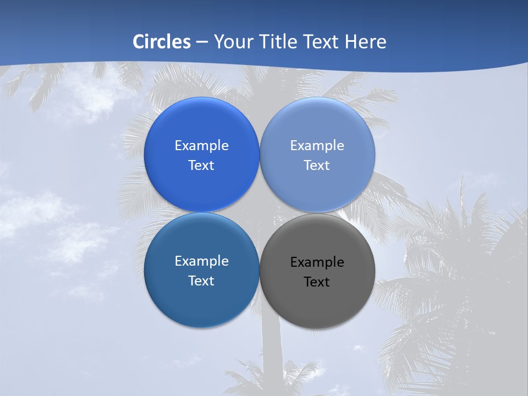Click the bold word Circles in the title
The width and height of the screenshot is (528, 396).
click(162, 42)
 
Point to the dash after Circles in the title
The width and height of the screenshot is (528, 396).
click(201, 42)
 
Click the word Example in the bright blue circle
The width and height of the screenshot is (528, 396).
click(201, 146)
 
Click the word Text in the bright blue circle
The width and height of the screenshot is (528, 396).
click(201, 166)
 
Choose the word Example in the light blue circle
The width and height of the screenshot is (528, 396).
click(317, 146)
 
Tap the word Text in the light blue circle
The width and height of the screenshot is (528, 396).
click(317, 166)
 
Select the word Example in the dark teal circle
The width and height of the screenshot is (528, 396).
click(201, 261)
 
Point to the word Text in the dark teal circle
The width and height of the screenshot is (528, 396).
click(201, 281)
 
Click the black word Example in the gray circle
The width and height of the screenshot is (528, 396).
click(317, 262)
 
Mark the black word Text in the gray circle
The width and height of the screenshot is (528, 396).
click(317, 282)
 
